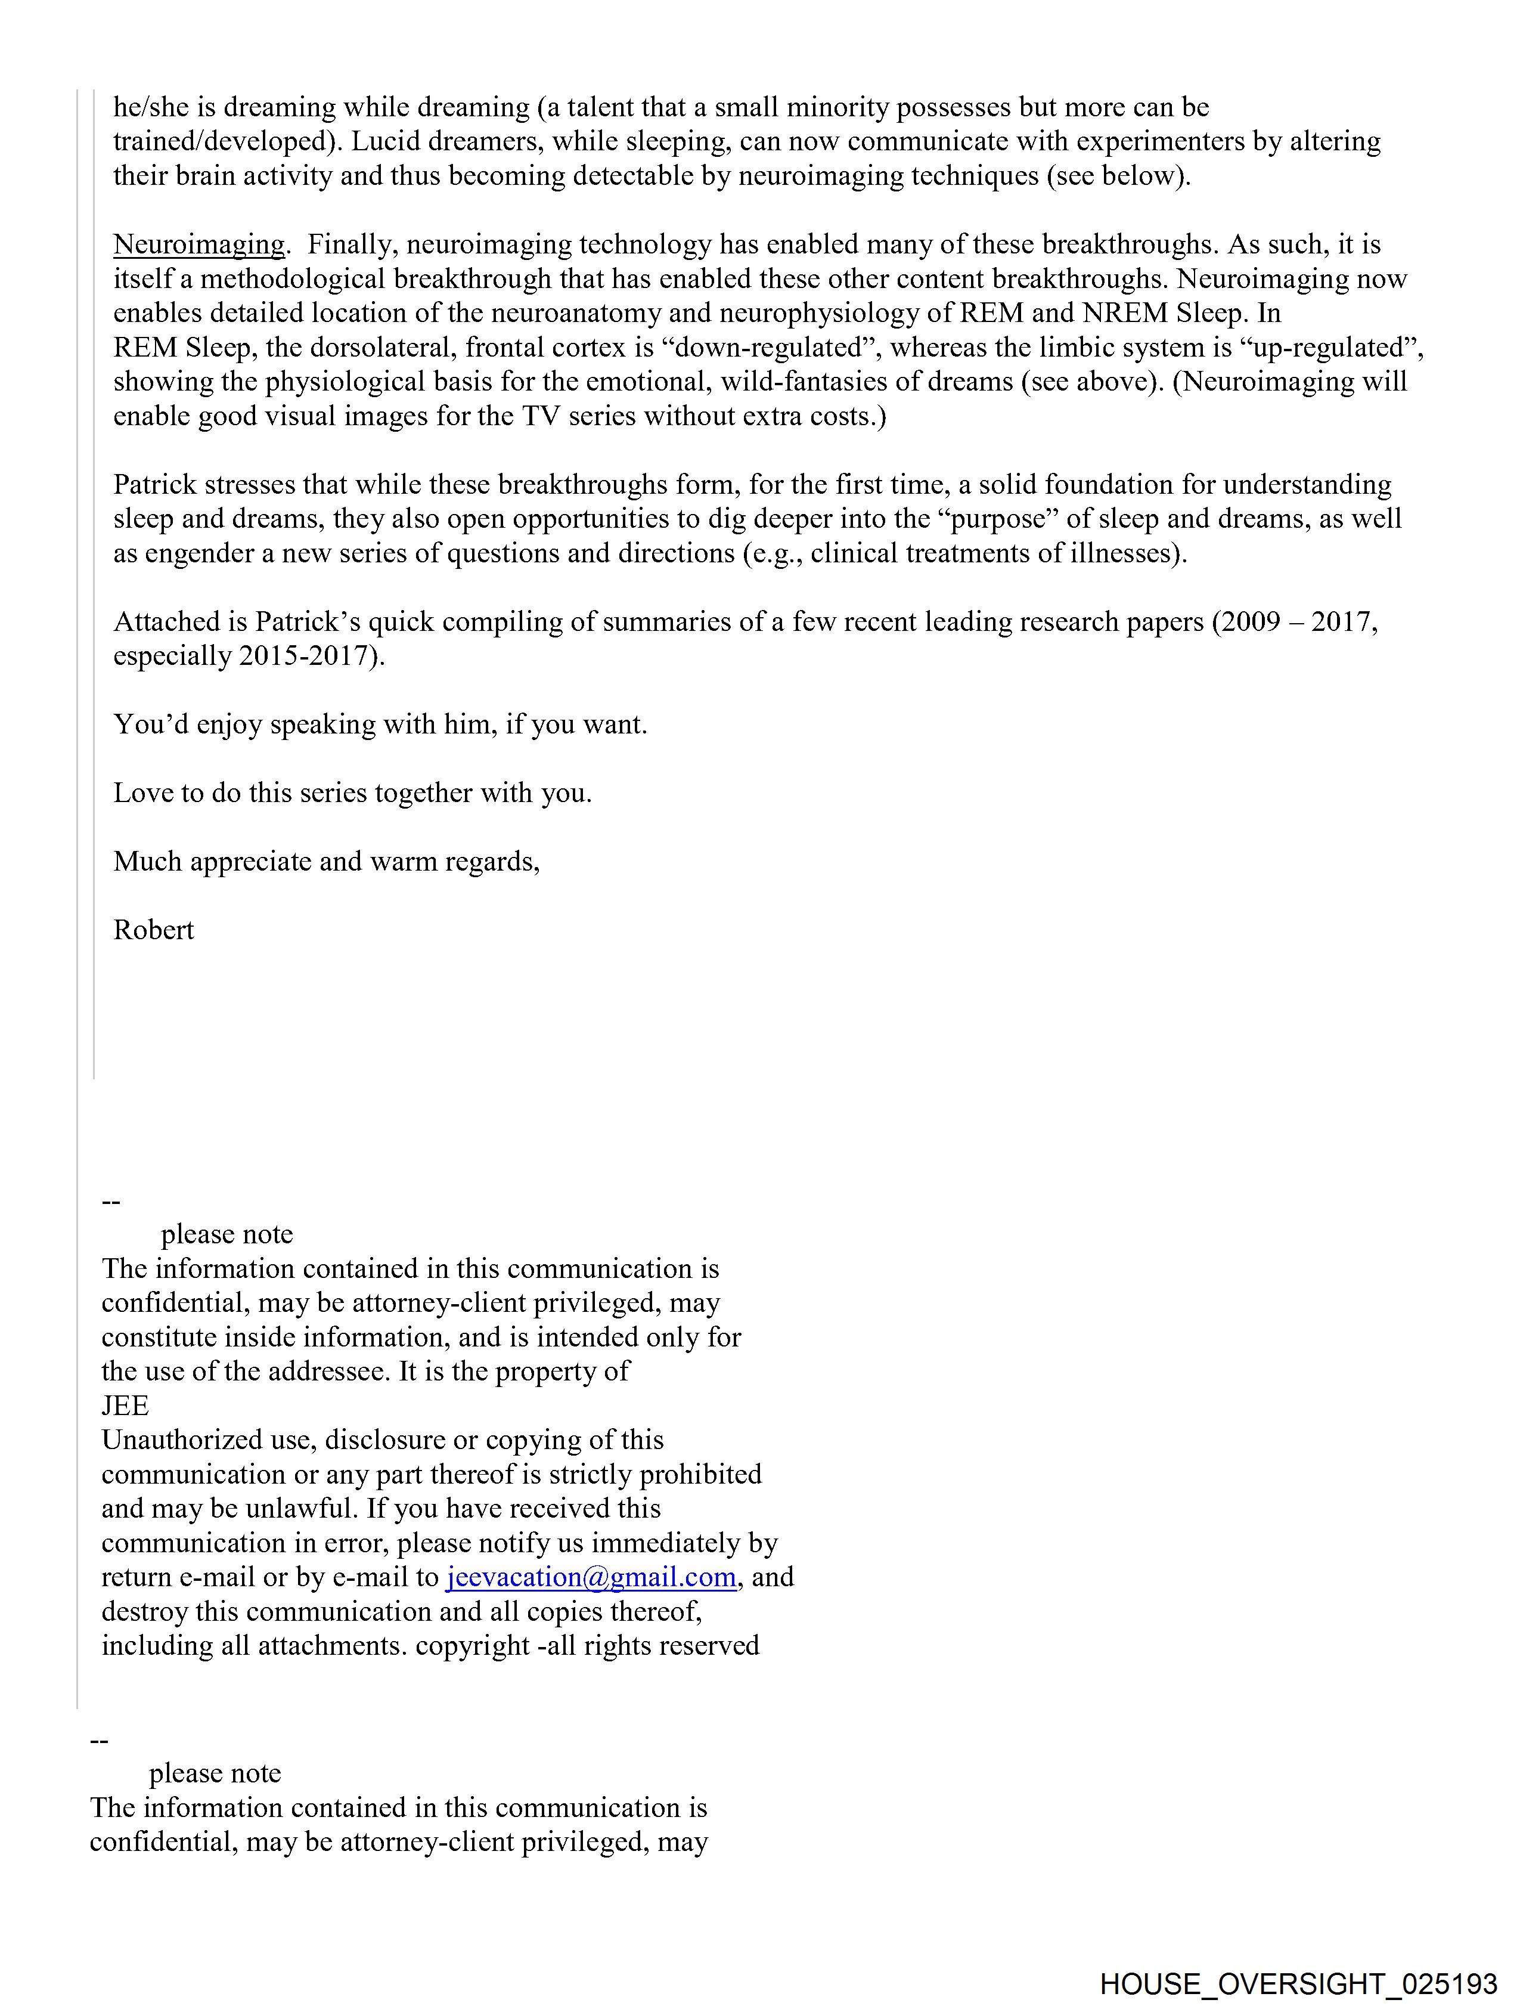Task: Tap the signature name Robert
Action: [153, 930]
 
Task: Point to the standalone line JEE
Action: [125, 1406]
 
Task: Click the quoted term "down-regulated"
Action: [768, 348]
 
